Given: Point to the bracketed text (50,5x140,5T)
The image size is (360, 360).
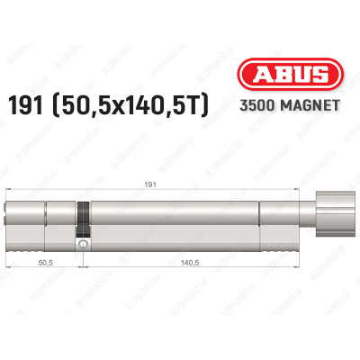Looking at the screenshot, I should coord(152,106).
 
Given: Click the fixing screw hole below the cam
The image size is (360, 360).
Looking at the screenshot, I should coord(84,242).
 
